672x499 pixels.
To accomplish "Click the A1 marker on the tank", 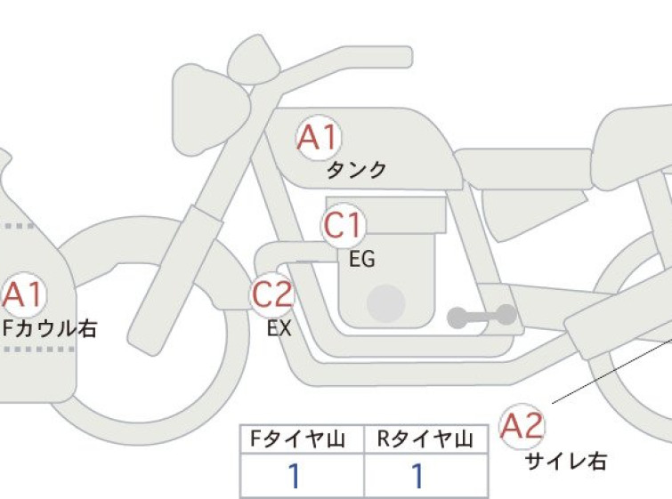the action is (x=320, y=137).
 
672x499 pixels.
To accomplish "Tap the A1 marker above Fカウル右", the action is (x=23, y=294).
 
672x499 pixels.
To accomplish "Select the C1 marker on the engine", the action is (x=344, y=225).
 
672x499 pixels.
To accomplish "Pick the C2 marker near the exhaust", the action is (x=272, y=294).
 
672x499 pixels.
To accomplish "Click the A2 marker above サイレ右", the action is (x=522, y=426).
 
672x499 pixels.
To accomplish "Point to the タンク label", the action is (x=356, y=171).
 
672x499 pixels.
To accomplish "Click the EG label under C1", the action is (x=362, y=259).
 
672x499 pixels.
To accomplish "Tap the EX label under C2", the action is (x=279, y=328).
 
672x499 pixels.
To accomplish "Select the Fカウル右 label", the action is (x=50, y=328).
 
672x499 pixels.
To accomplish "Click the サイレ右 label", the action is (x=566, y=462).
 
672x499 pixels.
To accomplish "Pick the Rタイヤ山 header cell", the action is (x=425, y=439).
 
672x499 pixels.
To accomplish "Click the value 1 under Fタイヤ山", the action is (x=294, y=476).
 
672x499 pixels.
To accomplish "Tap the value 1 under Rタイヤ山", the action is (x=417, y=476).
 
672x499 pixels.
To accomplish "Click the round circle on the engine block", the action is (x=386, y=303).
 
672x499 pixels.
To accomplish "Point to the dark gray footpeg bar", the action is (x=482, y=316).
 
